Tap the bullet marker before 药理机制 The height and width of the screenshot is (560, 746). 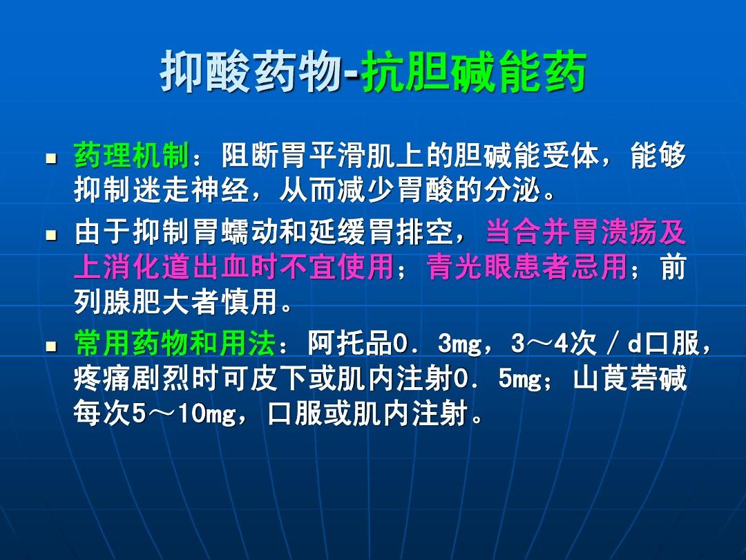(51, 158)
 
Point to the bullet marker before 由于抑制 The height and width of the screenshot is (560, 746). (51, 235)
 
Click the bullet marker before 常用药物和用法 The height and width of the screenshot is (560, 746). (51, 346)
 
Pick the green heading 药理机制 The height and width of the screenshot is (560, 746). (132, 156)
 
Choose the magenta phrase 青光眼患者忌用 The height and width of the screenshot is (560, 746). (526, 266)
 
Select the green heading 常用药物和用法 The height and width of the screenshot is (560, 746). (175, 343)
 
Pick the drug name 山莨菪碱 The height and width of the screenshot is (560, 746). (630, 378)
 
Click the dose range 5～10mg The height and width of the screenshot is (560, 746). (184, 413)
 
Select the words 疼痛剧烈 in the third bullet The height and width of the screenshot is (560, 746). (132, 378)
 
